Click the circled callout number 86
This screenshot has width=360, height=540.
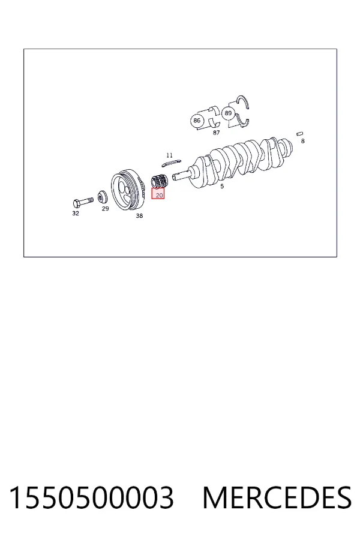tap(197, 121)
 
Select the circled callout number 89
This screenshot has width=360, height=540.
tap(228, 113)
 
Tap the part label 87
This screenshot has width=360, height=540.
tap(217, 133)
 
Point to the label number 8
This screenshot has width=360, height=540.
tap(303, 141)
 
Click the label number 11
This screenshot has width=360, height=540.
tap(169, 155)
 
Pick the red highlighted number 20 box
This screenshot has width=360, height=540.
tap(158, 194)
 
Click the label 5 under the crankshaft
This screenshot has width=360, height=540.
tap(222, 186)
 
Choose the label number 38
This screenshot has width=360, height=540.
tap(139, 215)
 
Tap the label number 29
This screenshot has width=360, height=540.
tap(106, 208)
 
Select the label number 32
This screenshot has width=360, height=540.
tap(76, 213)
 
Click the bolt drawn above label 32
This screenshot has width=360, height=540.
tap(83, 202)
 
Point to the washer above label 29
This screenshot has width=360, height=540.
tap(102, 197)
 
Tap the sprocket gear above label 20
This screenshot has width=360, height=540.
tap(160, 181)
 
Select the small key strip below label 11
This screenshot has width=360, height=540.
tap(171, 163)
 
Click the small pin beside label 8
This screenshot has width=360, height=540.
tap(300, 134)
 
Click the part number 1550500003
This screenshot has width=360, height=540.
tap(91, 497)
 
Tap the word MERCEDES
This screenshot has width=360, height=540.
tap(277, 497)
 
